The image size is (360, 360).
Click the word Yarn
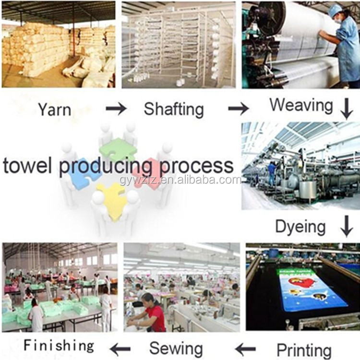(x=55, y=109)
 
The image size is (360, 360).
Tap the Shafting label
(x=174, y=109)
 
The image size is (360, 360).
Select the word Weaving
(x=301, y=105)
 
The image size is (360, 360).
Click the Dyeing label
(x=300, y=226)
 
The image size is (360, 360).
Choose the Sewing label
(x=176, y=348)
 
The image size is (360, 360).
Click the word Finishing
(x=59, y=345)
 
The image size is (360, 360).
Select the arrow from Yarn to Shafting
(x=116, y=109)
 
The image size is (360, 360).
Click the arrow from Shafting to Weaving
(x=238, y=109)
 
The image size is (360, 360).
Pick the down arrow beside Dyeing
(x=347, y=226)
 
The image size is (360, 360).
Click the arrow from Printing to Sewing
(x=245, y=348)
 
